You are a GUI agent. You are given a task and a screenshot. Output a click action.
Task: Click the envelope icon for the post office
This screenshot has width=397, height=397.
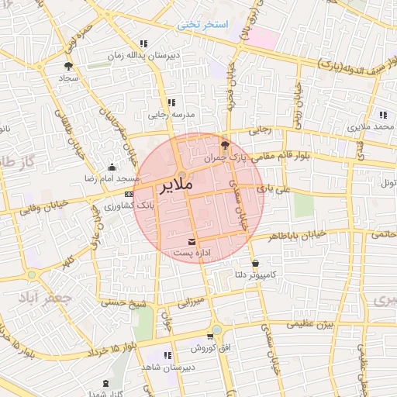pos(192,240)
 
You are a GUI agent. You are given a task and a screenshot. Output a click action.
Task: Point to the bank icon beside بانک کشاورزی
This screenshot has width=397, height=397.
pos(128,194)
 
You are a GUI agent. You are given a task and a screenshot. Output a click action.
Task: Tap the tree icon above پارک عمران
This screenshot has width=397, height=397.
pos(225,144)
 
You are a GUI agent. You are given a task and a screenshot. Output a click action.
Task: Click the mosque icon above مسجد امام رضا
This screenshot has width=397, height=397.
pos(112,167)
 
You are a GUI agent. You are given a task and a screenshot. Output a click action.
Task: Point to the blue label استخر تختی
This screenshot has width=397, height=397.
pos(205,25)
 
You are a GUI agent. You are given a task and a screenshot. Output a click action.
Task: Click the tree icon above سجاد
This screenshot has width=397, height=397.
pos(68,66)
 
